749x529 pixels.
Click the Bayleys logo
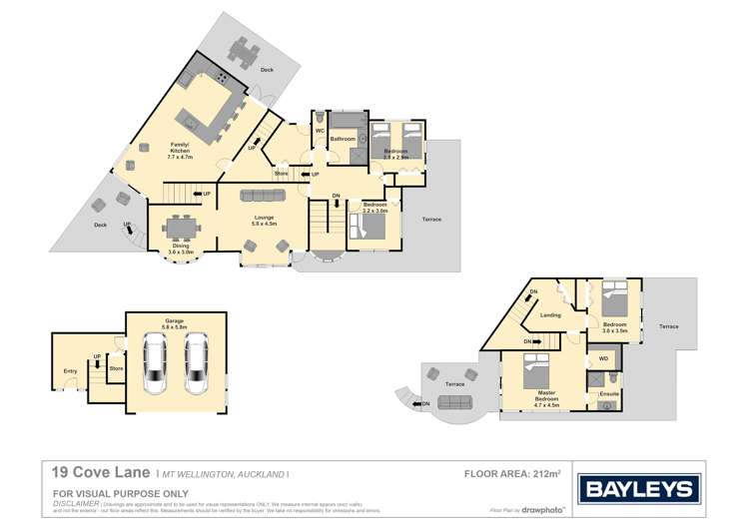point(639,489)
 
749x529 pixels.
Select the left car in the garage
point(156,363)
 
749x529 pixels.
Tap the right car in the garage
point(195,363)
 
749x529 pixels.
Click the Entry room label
point(70,371)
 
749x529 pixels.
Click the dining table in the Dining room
point(181,229)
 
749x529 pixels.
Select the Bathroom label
point(344,139)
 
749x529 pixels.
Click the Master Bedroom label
point(544,400)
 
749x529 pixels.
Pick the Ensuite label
point(608,393)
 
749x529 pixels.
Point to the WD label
point(603,356)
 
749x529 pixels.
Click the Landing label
point(549,315)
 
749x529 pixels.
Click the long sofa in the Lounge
point(263,195)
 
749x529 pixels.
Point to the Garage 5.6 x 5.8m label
point(176,322)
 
